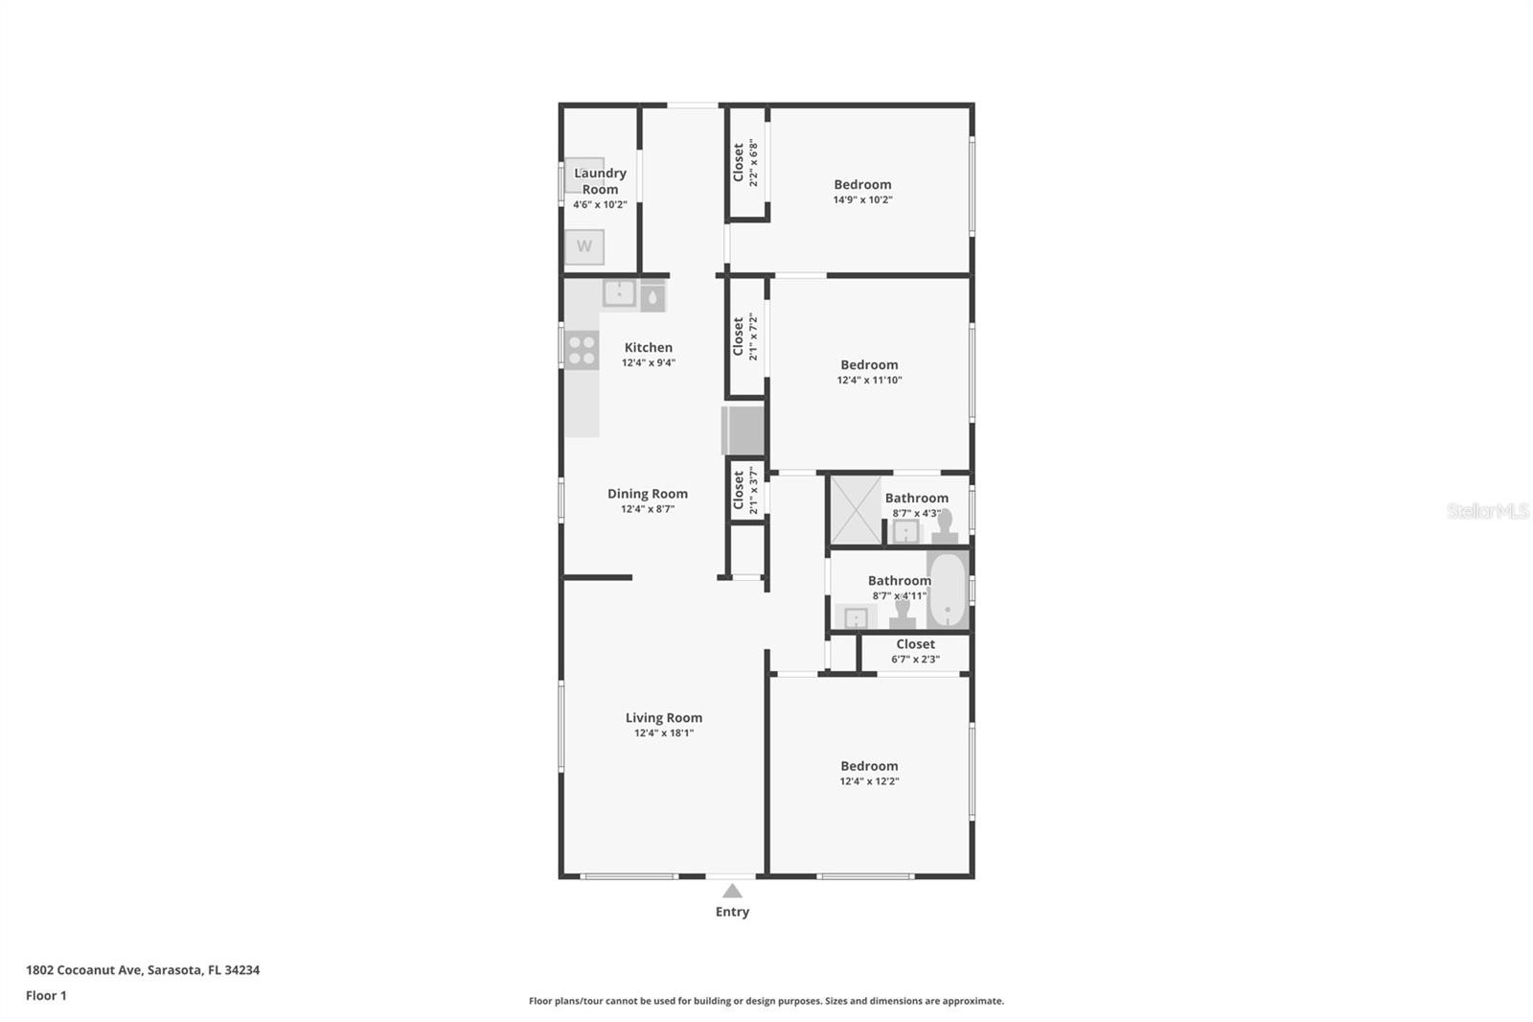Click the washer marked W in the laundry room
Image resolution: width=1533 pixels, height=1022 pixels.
(x=583, y=246)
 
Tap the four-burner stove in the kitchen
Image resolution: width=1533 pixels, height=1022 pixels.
(x=582, y=350)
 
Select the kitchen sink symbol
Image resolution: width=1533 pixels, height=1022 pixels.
(x=619, y=293)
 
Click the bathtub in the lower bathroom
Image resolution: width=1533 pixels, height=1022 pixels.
(x=948, y=590)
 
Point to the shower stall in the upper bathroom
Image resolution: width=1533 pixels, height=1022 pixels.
(x=857, y=510)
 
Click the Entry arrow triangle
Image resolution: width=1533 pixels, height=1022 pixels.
(x=732, y=891)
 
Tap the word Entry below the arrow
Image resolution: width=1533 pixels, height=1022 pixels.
(x=732, y=912)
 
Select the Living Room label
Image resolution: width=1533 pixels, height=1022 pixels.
(x=664, y=717)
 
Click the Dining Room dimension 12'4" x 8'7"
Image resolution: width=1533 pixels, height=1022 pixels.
(x=648, y=509)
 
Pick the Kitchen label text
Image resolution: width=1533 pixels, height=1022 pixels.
(x=648, y=347)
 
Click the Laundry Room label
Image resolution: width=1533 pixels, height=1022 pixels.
(x=600, y=181)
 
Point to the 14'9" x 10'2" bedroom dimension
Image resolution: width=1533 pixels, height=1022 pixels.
(x=862, y=200)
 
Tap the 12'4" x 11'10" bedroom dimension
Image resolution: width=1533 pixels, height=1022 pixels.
(x=869, y=381)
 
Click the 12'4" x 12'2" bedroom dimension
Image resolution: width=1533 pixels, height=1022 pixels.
(x=869, y=781)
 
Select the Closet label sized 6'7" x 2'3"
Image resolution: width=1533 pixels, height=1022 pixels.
(x=916, y=644)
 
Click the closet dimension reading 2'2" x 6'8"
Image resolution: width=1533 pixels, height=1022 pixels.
(x=753, y=163)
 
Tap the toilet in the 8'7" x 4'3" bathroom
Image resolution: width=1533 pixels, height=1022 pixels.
(x=945, y=527)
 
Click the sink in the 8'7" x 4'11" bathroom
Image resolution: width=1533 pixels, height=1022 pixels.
(x=857, y=617)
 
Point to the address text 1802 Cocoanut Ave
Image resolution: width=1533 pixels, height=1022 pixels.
(x=85, y=970)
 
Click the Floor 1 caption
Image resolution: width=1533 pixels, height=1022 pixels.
(x=47, y=995)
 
